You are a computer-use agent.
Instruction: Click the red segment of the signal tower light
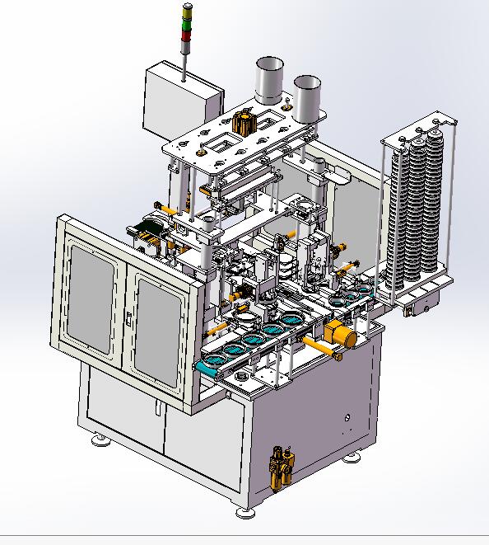click(185, 25)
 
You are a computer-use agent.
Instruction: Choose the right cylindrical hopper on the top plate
click(306, 97)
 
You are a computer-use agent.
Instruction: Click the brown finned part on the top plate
click(244, 123)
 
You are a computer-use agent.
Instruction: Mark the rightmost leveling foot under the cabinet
click(356, 454)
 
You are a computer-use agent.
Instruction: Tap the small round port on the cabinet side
click(349, 419)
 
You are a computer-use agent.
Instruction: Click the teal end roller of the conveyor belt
click(206, 368)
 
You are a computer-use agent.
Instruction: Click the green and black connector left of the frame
click(148, 232)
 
